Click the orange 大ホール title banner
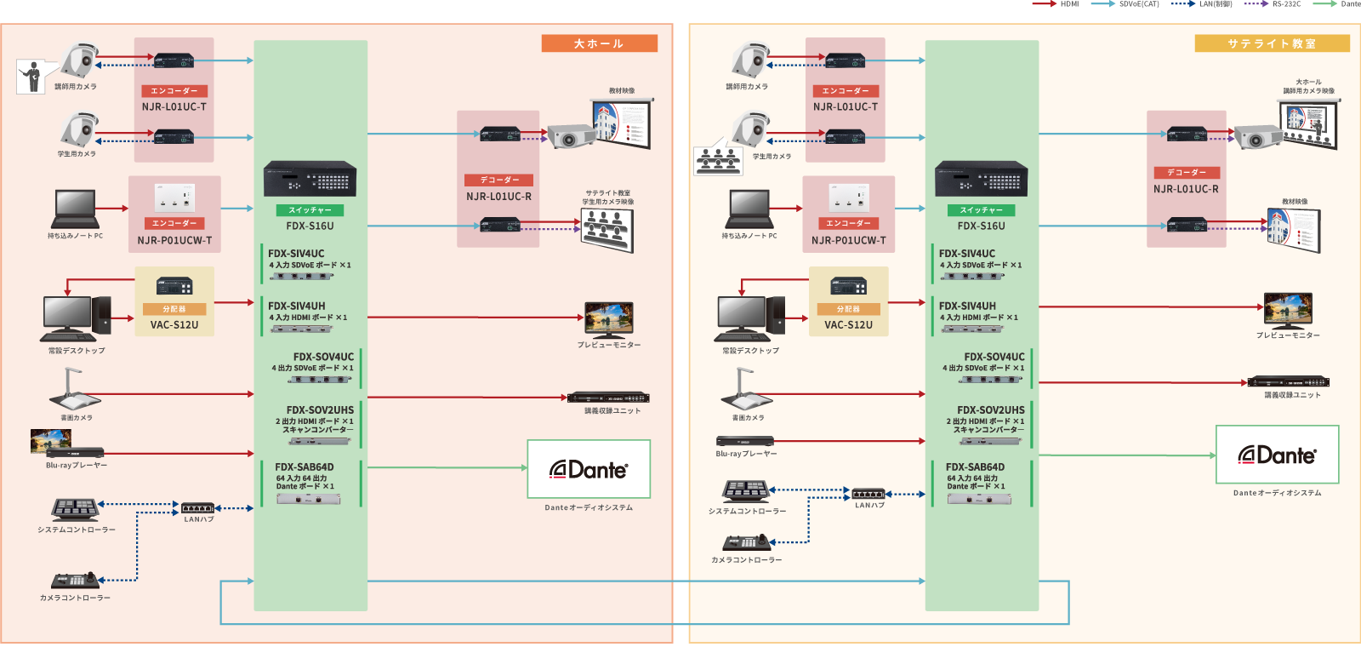(x=599, y=43)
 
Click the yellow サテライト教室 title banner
(x=1271, y=43)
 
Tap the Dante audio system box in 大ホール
(x=589, y=469)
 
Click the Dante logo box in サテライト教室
(x=1277, y=455)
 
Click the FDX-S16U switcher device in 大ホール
(x=310, y=179)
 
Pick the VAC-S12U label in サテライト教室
(x=848, y=324)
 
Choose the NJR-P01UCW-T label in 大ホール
(x=174, y=240)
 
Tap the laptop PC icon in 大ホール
(x=75, y=208)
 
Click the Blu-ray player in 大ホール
(x=75, y=452)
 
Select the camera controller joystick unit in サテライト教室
(x=747, y=542)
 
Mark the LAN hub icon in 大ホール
(x=198, y=508)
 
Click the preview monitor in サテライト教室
(x=1288, y=310)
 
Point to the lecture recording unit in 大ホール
(x=608, y=398)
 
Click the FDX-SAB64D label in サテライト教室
(x=975, y=467)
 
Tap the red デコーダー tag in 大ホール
(x=498, y=180)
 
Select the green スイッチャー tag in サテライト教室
(x=981, y=209)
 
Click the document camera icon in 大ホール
(x=75, y=390)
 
